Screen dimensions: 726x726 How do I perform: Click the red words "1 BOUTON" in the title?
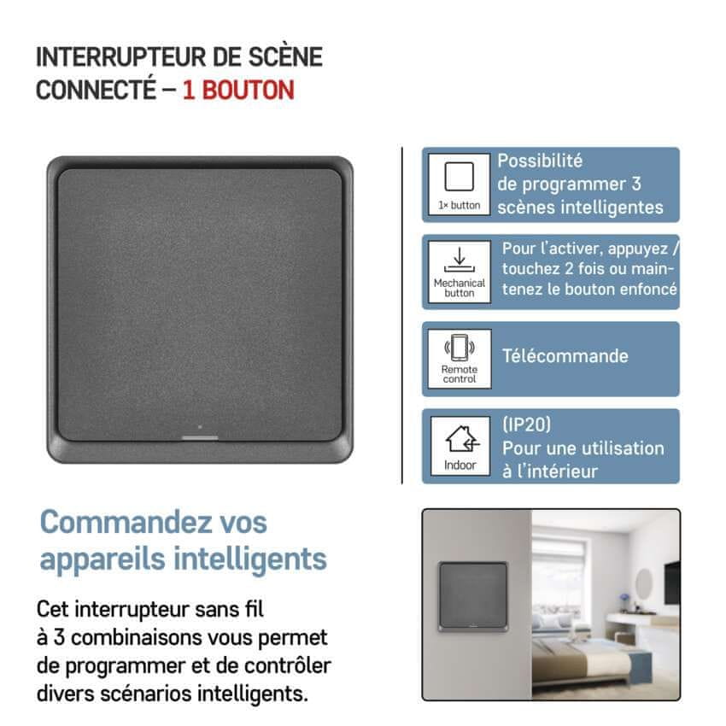[x=238, y=90]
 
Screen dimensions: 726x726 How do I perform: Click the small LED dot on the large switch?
[x=200, y=427]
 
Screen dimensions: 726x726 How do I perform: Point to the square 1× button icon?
[x=459, y=177]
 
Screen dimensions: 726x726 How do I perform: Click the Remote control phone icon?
[x=460, y=348]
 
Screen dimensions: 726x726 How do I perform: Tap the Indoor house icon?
[x=462, y=438]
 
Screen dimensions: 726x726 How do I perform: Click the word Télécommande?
[x=565, y=356]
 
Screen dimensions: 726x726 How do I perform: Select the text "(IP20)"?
[x=527, y=424]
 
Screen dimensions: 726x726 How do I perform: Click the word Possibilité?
[x=540, y=161]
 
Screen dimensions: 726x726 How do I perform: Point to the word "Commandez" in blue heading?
[x=125, y=522]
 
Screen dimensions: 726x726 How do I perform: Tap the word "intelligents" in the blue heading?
[x=250, y=559]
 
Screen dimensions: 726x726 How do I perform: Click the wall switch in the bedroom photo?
[x=473, y=597]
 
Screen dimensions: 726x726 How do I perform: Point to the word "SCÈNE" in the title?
[x=285, y=57]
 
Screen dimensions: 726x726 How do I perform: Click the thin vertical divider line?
[x=402, y=316]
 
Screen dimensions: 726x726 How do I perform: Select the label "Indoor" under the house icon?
[x=460, y=465]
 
